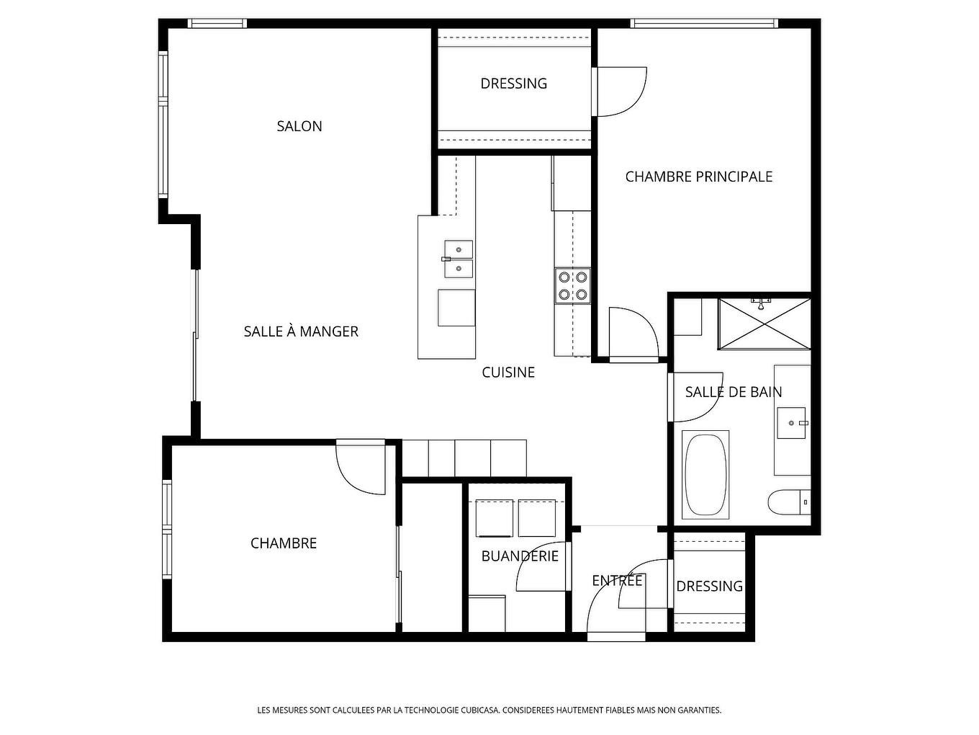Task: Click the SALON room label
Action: coord(299,126)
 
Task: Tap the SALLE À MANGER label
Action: coord(301,331)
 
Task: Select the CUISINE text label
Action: coord(508,373)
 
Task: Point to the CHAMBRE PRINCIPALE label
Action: coord(698,177)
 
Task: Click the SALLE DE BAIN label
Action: coord(733,392)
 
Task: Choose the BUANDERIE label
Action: coord(520,556)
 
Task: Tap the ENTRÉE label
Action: coord(617,581)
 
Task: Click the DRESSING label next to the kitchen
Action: coord(513,84)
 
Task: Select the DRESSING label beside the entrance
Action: coord(709,587)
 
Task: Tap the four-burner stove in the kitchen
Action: coord(572,285)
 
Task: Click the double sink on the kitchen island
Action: coord(459,259)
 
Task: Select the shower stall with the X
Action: coord(764,324)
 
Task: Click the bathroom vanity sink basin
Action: coord(792,422)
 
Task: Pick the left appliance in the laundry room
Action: coord(495,518)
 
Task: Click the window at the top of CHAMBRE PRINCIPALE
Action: coord(704,23)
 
